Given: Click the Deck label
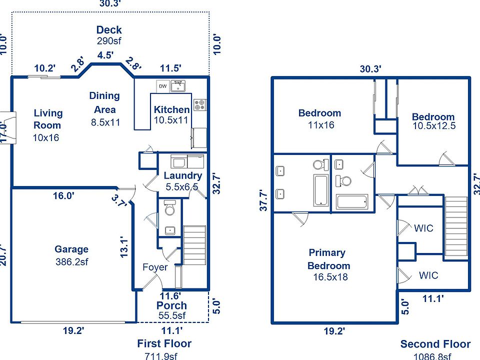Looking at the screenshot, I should point(109,30).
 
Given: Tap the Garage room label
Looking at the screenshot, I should point(71,249).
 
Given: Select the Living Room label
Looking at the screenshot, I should point(48,119).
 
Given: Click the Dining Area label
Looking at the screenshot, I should point(104,102).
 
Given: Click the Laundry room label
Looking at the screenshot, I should point(182,175).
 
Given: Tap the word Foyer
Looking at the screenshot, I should point(155,267).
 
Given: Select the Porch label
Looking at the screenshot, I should point(171,305).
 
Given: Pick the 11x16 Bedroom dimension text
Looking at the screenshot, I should point(321,124).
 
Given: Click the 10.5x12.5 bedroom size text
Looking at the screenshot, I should point(434,126).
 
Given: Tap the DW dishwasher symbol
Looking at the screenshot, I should point(163,86).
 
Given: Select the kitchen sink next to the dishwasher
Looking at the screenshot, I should point(178,86).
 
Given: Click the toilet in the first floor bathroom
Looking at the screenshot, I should point(169,208).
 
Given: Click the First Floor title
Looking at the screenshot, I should point(164,343).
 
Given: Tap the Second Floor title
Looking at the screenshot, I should point(435,344).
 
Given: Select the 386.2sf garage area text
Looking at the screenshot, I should point(72,260).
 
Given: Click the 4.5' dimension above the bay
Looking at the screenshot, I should point(105,55).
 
